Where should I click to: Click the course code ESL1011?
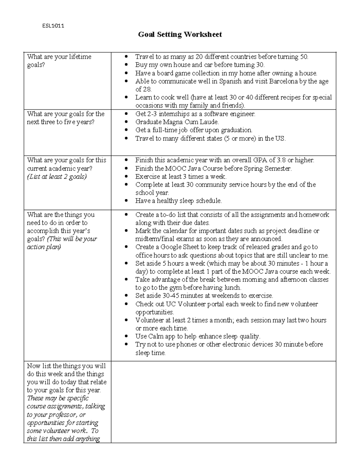point(53,26)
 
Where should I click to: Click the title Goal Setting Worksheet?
point(180,35)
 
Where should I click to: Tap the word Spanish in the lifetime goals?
point(230,81)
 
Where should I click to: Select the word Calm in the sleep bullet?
point(156,336)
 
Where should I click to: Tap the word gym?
point(174,287)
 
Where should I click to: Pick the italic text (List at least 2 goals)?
point(57,176)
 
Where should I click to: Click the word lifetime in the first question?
point(80,57)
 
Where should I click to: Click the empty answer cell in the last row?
point(223,401)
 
